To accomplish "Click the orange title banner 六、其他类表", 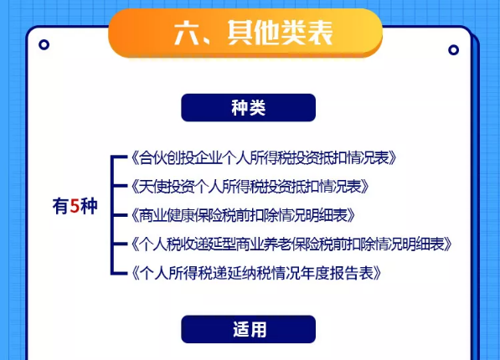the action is click(x=245, y=33).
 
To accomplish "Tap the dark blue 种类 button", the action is click(x=249, y=107).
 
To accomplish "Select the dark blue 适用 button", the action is click(x=249, y=329).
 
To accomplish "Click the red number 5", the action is click(x=75, y=206).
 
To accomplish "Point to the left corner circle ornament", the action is click(x=44, y=44).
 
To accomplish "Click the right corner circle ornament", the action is click(x=453, y=50).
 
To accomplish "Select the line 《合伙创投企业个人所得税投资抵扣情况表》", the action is click(x=264, y=157).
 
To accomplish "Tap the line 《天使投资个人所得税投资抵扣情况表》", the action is click(x=250, y=186).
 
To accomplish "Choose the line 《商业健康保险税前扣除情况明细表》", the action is click(x=243, y=215).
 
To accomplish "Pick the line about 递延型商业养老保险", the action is click(x=291, y=244).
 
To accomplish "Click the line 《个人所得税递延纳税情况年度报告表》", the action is click(x=256, y=273).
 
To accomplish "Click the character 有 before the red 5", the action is click(x=60, y=206).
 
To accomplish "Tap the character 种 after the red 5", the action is click(x=89, y=206).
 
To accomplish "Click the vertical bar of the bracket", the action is click(x=112, y=215).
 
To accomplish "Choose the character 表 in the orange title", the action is click(x=321, y=33).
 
